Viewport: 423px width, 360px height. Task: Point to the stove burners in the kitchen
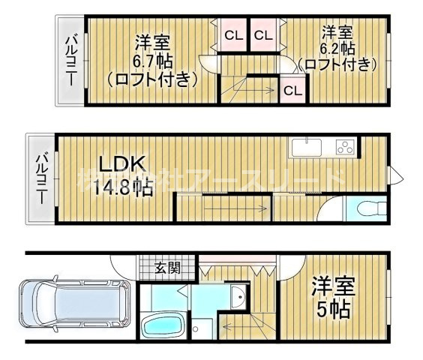(x=345, y=146)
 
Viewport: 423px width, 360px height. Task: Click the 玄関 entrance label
(x=167, y=267)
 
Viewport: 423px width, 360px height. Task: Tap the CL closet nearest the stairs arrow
(x=292, y=91)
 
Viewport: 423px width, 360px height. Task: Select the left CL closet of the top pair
(x=232, y=34)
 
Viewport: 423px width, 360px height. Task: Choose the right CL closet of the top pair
(x=262, y=34)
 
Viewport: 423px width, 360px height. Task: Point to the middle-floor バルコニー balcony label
(x=42, y=178)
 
